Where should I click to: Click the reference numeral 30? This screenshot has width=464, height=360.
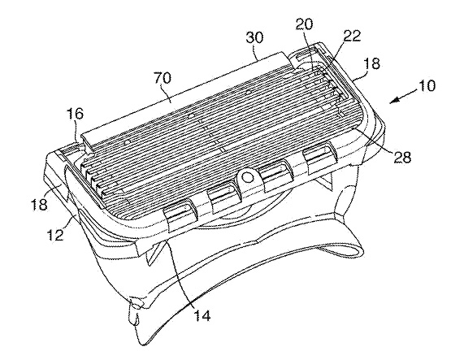pos(254,38)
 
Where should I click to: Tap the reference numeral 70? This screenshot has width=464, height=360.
pos(163,78)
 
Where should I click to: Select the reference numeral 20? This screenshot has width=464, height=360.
pos(304,24)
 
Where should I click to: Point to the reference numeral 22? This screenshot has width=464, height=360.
pos(353,36)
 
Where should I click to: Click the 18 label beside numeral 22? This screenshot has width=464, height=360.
pos(372,63)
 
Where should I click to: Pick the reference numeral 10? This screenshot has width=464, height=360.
pos(427,86)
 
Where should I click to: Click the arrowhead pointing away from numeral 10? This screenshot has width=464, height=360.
pos(392,102)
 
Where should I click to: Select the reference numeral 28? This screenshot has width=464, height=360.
pos(402,158)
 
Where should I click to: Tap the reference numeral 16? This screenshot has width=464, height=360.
pos(75,115)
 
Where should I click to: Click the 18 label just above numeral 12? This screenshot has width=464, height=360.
pos(39,205)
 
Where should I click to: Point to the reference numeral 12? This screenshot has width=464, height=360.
pos(55,235)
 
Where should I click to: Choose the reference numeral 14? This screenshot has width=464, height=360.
pos(202,315)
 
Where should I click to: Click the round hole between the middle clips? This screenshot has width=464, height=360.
pos(247,177)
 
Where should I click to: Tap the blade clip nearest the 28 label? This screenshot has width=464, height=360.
pos(320,157)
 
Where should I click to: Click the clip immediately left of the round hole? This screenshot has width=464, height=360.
pos(223,199)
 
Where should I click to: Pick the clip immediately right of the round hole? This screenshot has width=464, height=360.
pos(276,176)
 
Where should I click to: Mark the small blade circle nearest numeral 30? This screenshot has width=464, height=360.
pos(249,93)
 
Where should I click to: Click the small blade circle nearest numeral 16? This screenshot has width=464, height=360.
pos(128,142)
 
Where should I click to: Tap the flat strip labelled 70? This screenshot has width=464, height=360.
pos(184,99)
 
